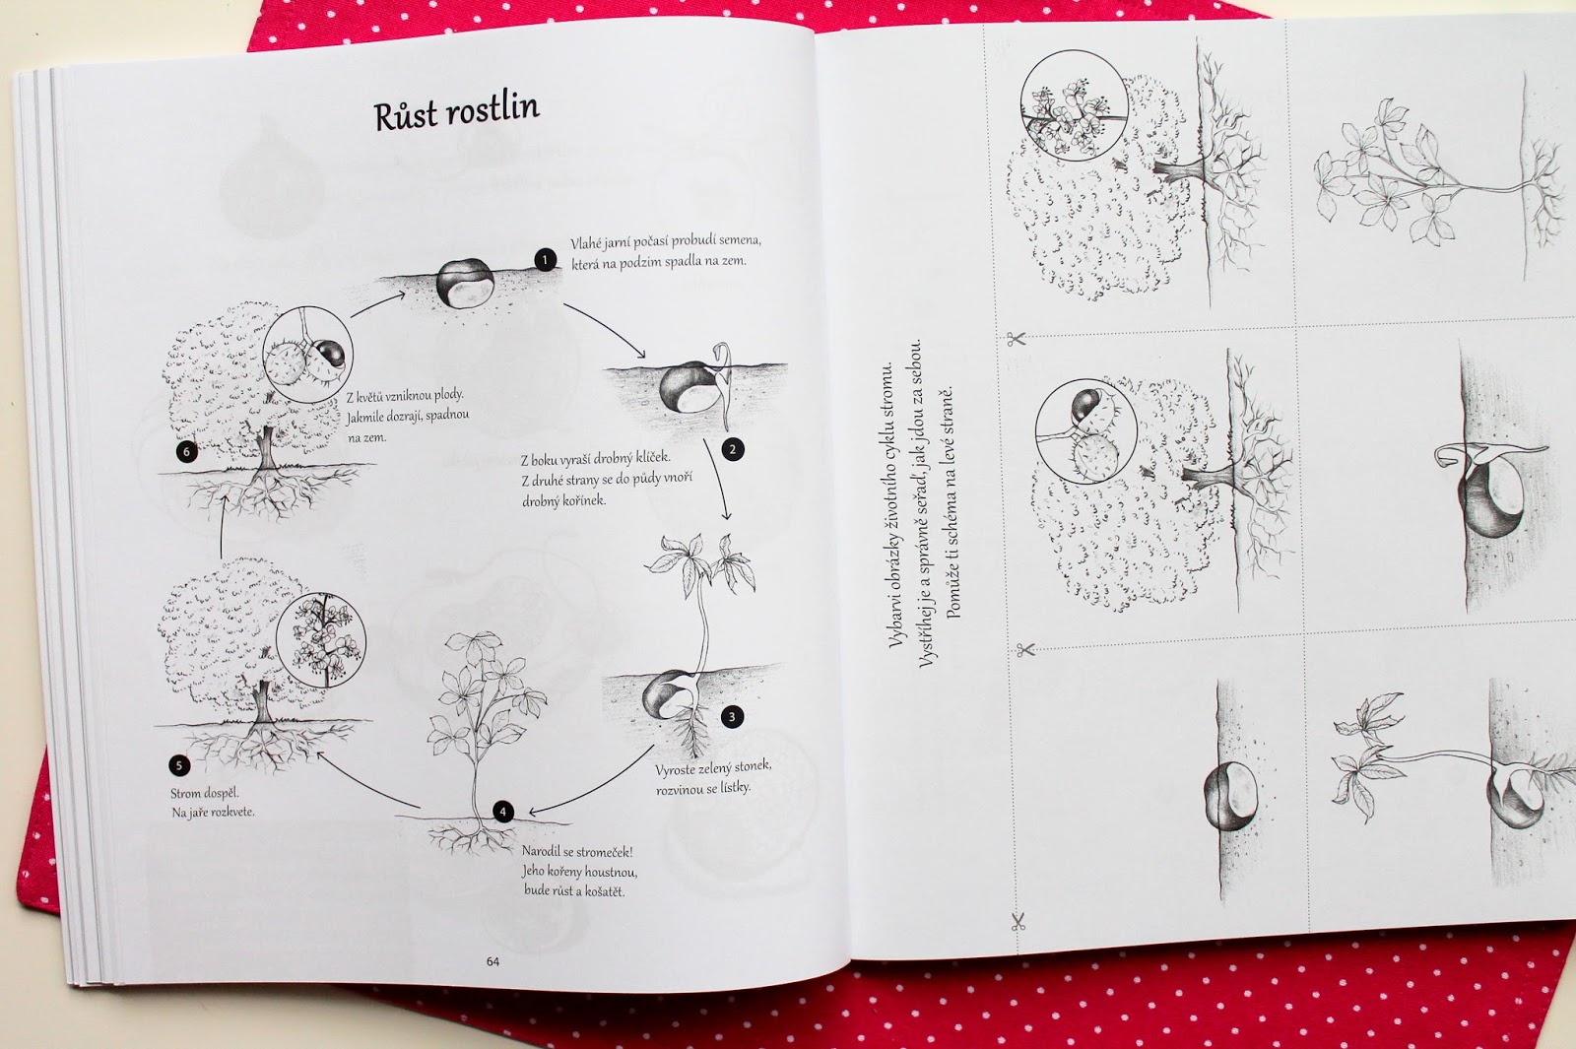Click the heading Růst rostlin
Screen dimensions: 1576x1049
point(457,112)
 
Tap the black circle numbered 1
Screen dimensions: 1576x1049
point(546,260)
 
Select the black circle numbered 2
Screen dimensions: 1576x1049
point(733,449)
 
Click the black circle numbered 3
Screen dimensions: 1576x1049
point(732,717)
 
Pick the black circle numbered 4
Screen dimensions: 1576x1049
point(502,812)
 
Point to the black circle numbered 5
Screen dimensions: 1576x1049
point(179,765)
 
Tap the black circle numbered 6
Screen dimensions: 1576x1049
point(186,452)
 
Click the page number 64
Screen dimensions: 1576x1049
point(492,961)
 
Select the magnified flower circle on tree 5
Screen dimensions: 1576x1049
point(321,640)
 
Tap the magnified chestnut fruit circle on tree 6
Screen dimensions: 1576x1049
point(307,354)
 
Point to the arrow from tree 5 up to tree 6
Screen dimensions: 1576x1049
point(223,526)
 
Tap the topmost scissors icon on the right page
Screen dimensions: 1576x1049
point(1016,340)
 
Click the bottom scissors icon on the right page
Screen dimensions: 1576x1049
point(1018,921)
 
